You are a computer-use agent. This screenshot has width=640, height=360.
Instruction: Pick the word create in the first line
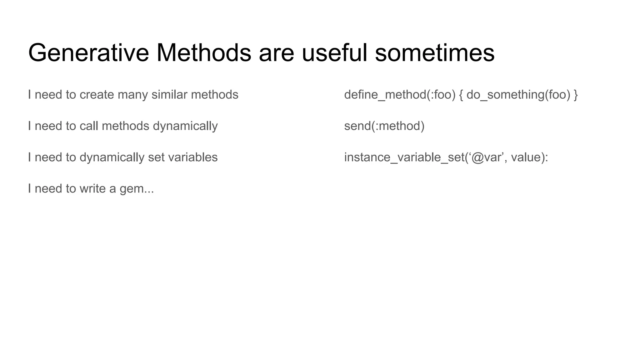97,95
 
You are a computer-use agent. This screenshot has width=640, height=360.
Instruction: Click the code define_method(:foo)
400,95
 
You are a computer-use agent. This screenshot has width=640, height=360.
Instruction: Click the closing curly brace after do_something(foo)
576,95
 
